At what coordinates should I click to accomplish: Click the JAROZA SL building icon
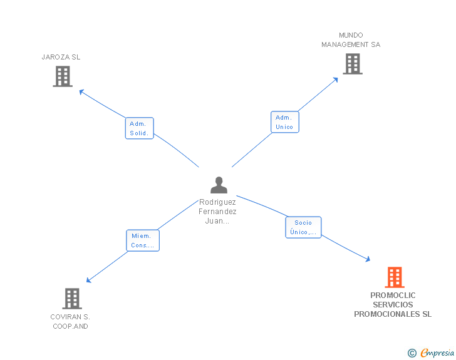coord(63,76)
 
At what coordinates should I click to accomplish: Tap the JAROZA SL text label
coord(61,57)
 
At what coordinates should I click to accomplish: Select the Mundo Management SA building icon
coord(352,64)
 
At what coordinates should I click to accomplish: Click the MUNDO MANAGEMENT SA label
coord(351,40)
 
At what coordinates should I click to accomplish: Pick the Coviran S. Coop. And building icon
coord(72,299)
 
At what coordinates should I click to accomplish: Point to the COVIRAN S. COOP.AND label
coord(70,321)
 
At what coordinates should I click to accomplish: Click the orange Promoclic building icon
coord(394,277)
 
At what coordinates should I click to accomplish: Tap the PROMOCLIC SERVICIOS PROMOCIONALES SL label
coord(393,305)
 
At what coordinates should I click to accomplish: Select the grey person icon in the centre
coord(219,185)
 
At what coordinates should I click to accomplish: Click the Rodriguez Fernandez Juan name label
coord(218,212)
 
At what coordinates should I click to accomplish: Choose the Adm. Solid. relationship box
coord(138,128)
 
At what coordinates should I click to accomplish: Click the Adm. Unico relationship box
coord(284,122)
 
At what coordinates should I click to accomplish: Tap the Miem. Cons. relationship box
coord(142,240)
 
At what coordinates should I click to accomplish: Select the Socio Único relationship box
coord(303,227)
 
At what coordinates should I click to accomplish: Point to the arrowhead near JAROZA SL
coord(81,91)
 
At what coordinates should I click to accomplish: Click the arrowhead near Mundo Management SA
coord(336,79)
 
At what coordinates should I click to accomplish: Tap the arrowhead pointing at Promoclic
coord(368,259)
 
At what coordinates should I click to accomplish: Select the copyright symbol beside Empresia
coord(412,353)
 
